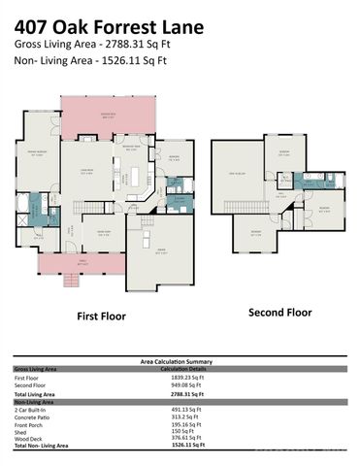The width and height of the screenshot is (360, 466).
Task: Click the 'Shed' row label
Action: point(21,431)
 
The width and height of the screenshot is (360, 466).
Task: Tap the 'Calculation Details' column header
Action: point(185,369)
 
